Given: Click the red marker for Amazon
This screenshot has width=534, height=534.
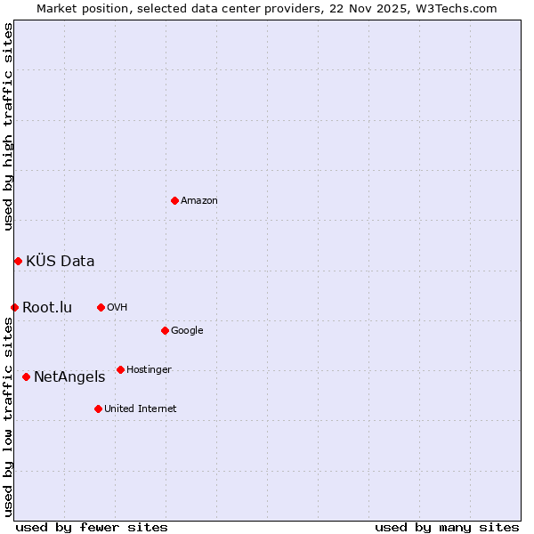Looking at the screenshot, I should click(x=174, y=200).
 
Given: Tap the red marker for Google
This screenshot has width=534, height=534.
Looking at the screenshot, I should click(x=165, y=330).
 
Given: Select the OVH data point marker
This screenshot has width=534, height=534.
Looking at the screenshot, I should click(x=101, y=307).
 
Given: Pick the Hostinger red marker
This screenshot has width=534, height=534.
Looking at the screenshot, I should click(x=120, y=369).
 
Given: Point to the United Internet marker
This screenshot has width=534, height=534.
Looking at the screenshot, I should click(x=98, y=409).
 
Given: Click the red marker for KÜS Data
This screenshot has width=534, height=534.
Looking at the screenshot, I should click(x=18, y=261).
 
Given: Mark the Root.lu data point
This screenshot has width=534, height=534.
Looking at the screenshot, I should click(x=14, y=307).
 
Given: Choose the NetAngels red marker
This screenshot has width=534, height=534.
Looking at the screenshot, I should click(x=26, y=376).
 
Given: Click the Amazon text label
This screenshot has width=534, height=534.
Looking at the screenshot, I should click(x=199, y=201).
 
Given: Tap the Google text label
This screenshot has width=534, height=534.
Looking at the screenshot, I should click(x=187, y=331).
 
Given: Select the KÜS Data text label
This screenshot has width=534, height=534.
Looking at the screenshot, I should click(x=61, y=261).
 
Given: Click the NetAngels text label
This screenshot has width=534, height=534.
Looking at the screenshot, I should click(x=69, y=377).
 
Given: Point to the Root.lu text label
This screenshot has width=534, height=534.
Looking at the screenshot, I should click(x=47, y=308).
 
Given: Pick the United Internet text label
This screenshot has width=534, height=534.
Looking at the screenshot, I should click(x=141, y=409).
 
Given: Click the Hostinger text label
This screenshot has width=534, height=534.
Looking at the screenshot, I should click(x=149, y=370).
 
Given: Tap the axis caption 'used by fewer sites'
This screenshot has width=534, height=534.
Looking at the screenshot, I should click(x=92, y=528).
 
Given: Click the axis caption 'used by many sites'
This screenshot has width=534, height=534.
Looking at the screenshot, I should click(x=447, y=528).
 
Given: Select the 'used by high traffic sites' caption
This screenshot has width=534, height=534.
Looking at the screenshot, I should click(x=8, y=126).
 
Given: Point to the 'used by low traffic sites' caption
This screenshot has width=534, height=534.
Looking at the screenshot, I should click(x=8, y=417).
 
